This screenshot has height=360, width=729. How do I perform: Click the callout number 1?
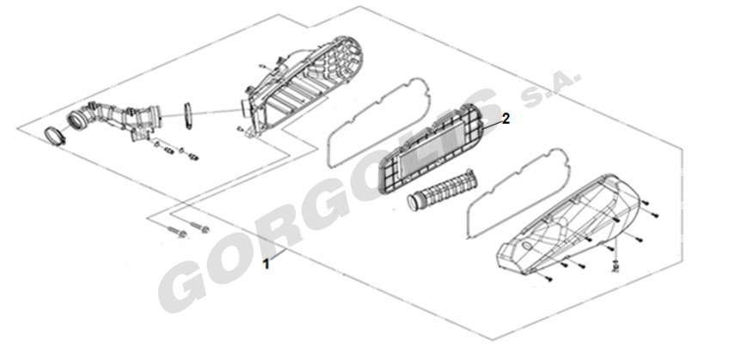[266, 265]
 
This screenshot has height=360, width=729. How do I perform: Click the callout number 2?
[505, 119]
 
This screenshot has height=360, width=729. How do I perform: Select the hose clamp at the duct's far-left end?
[55, 137]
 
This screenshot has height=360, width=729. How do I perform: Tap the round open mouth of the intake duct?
[77, 119]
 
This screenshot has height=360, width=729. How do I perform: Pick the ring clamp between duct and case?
[188, 116]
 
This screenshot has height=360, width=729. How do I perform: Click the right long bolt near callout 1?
[198, 226]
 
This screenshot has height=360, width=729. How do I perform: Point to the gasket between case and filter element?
[377, 122]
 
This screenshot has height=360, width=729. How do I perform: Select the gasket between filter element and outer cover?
[516, 192]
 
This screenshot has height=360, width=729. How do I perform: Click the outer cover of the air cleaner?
[568, 224]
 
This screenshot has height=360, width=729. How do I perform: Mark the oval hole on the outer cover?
[526, 246]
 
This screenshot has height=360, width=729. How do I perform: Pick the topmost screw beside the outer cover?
[646, 202]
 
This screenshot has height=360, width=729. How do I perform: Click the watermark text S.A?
[551, 88]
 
